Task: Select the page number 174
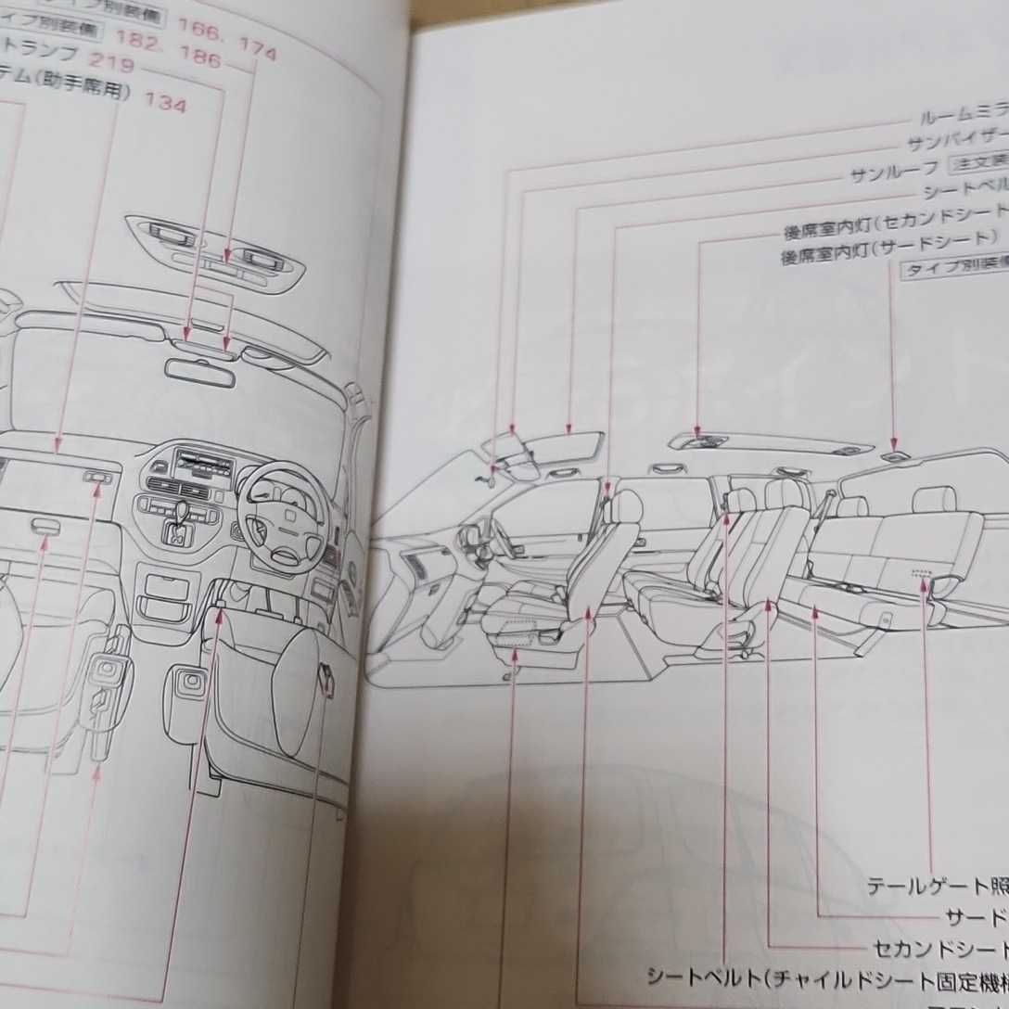256,55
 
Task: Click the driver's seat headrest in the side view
628,506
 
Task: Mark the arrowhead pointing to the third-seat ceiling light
892,446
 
